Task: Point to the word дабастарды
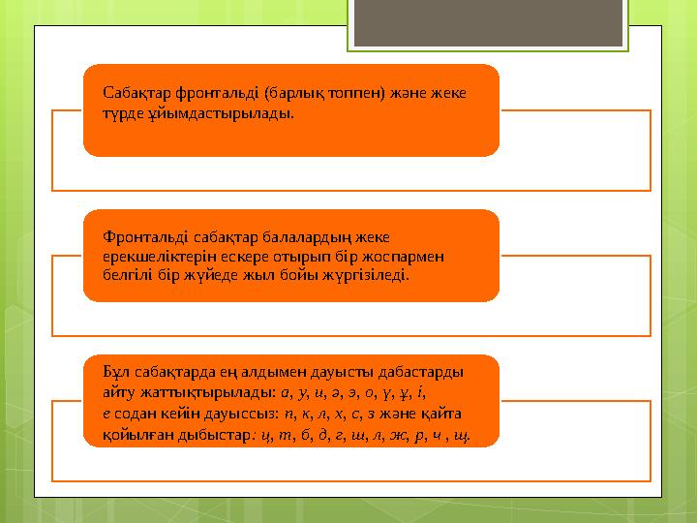(x=414, y=373)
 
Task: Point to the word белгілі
(x=127, y=275)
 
